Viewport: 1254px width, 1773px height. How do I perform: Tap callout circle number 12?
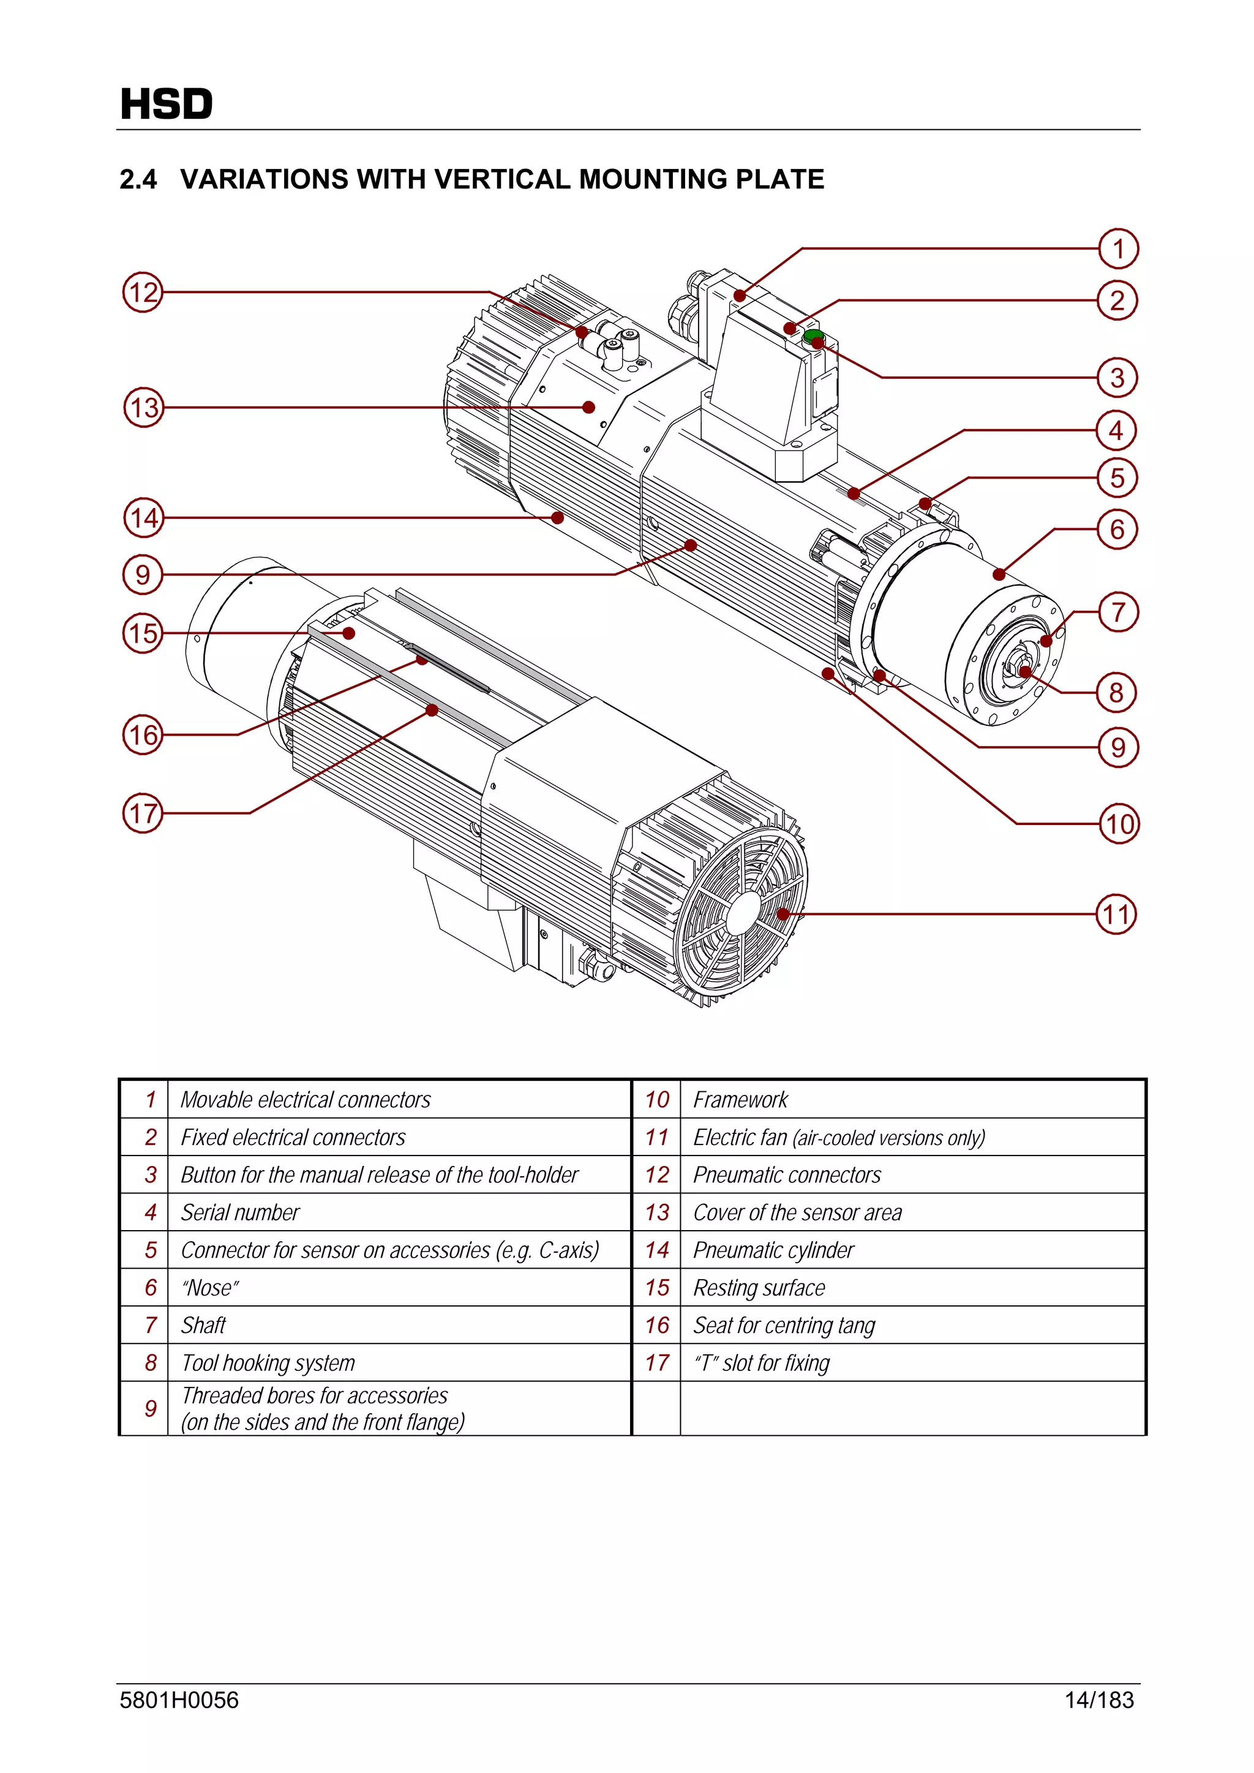[x=143, y=292]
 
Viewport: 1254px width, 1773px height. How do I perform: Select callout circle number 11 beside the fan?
[x=1116, y=914]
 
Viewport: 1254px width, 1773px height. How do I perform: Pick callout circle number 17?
[x=143, y=813]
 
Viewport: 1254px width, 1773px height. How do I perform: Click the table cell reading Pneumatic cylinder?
[x=773, y=1250]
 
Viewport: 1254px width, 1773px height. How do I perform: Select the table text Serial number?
[x=239, y=1212]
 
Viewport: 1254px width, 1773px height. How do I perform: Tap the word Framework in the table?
[x=740, y=1100]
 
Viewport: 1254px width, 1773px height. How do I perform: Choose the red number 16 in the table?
[x=657, y=1325]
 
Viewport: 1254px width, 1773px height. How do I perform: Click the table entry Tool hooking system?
[x=268, y=1363]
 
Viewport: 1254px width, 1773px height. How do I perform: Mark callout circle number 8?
[x=1116, y=692]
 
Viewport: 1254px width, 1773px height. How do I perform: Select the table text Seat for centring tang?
[x=784, y=1325]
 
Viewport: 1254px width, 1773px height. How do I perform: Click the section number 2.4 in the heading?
[x=138, y=179]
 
